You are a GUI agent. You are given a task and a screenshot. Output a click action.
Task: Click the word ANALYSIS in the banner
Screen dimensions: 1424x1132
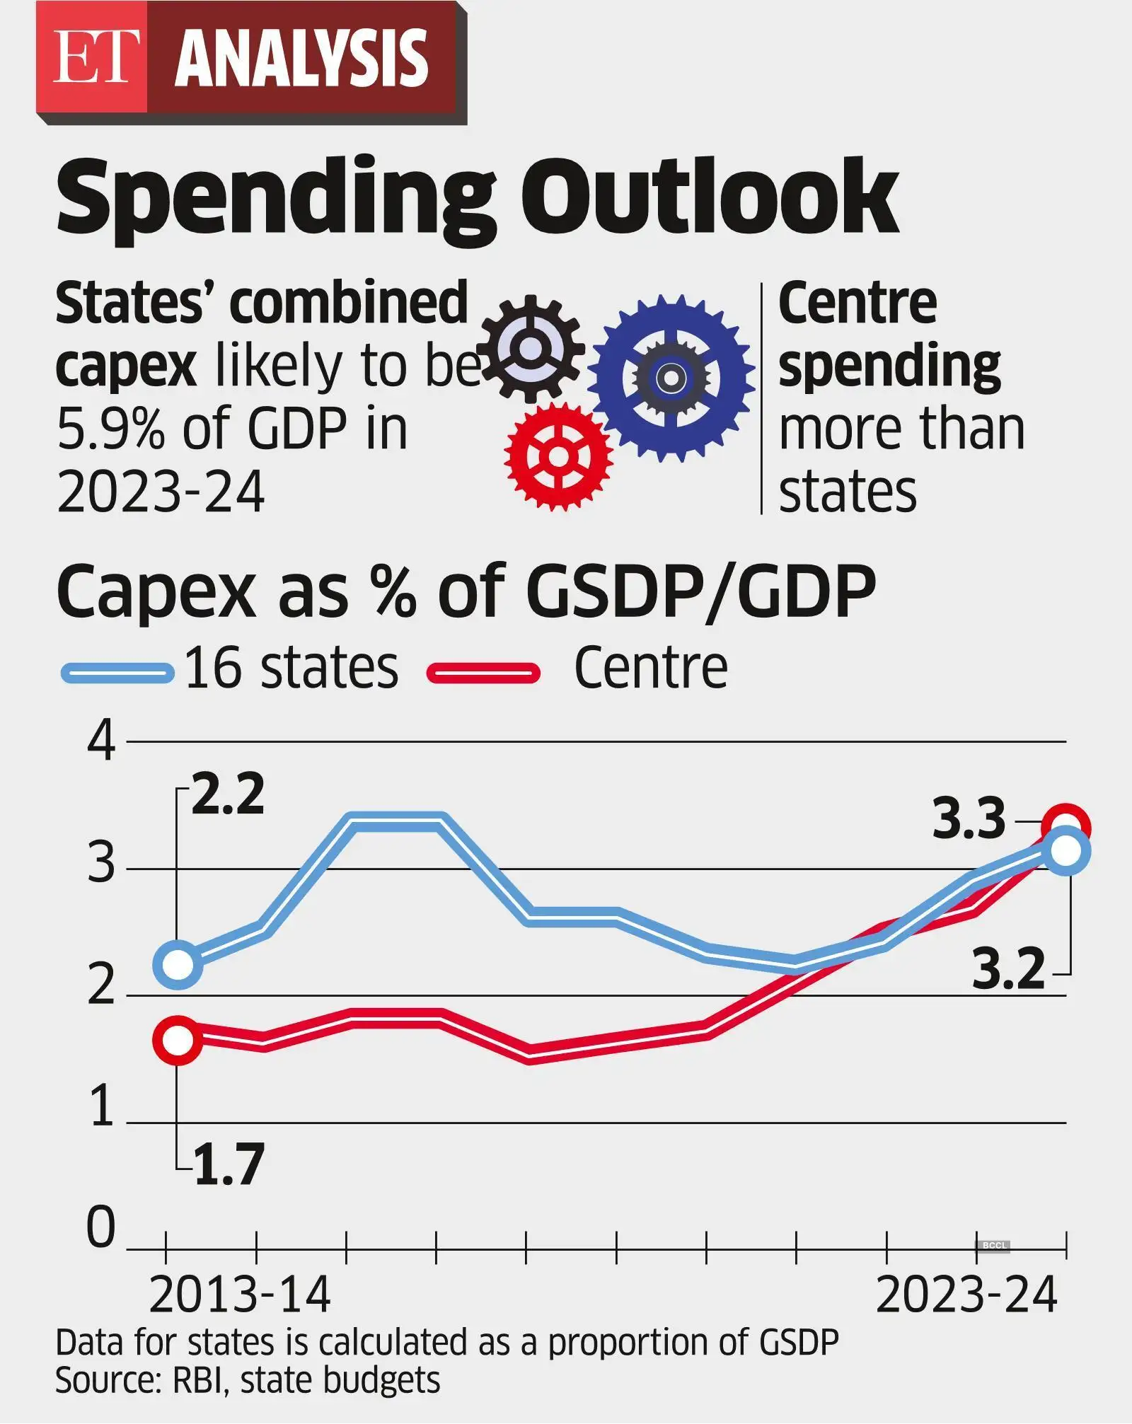click(301, 59)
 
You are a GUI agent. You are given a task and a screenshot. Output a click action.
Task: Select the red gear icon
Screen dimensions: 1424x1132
click(558, 456)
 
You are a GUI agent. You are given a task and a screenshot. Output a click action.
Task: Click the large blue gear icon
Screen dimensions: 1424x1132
click(671, 378)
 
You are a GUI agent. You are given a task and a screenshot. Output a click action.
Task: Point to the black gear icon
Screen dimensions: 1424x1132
click(531, 349)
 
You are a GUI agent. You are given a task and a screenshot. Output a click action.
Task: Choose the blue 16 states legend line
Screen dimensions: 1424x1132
click(117, 672)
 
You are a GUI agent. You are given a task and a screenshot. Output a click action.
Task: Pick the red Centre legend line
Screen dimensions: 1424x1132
click(484, 672)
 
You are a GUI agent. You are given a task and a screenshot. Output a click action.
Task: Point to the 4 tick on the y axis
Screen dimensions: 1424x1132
click(101, 743)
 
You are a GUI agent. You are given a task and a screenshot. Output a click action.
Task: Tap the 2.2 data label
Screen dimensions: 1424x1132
click(227, 794)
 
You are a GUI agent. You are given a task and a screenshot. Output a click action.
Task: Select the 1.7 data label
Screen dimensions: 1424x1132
click(228, 1164)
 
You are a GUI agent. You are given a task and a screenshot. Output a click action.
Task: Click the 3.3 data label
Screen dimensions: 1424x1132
click(969, 819)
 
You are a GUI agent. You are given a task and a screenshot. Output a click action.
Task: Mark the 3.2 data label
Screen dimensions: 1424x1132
click(1008, 969)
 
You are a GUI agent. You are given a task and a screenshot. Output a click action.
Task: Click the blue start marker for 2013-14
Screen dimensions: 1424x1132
click(178, 963)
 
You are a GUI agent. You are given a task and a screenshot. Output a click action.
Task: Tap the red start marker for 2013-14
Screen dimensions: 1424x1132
click(178, 1040)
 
